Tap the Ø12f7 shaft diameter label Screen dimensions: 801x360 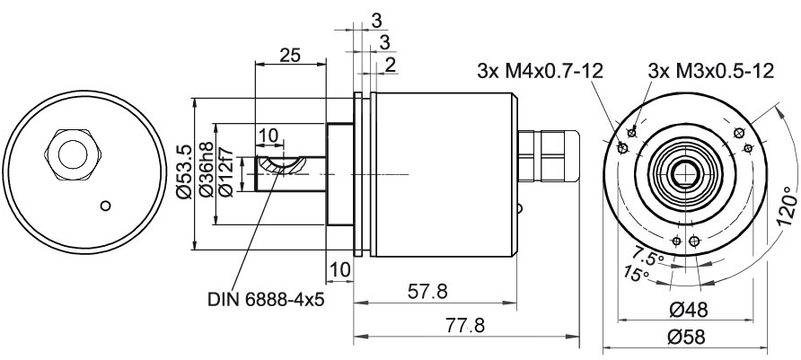pyautogui.click(x=225, y=172)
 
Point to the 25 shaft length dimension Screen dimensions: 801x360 pyautogui.click(x=290, y=55)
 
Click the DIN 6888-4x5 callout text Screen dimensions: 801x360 pyautogui.click(x=266, y=299)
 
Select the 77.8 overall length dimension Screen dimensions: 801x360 pyautogui.click(x=464, y=325)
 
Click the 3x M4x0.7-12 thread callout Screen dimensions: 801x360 pyautogui.click(x=540, y=71)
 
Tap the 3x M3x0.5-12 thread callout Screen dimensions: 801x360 pyautogui.click(x=711, y=71)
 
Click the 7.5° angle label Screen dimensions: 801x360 pyautogui.click(x=648, y=255)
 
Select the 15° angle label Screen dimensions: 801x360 pyautogui.click(x=636, y=274)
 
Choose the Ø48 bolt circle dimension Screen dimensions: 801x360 pyautogui.click(x=688, y=310)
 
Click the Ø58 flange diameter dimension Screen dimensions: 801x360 pyautogui.click(x=686, y=337)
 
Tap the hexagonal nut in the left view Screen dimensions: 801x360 pyautogui.click(x=74, y=154)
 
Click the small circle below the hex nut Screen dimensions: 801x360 pyautogui.click(x=106, y=206)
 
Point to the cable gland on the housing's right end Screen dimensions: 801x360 pyautogui.click(x=550, y=155)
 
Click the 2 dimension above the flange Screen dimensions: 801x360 pyautogui.click(x=389, y=65)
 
